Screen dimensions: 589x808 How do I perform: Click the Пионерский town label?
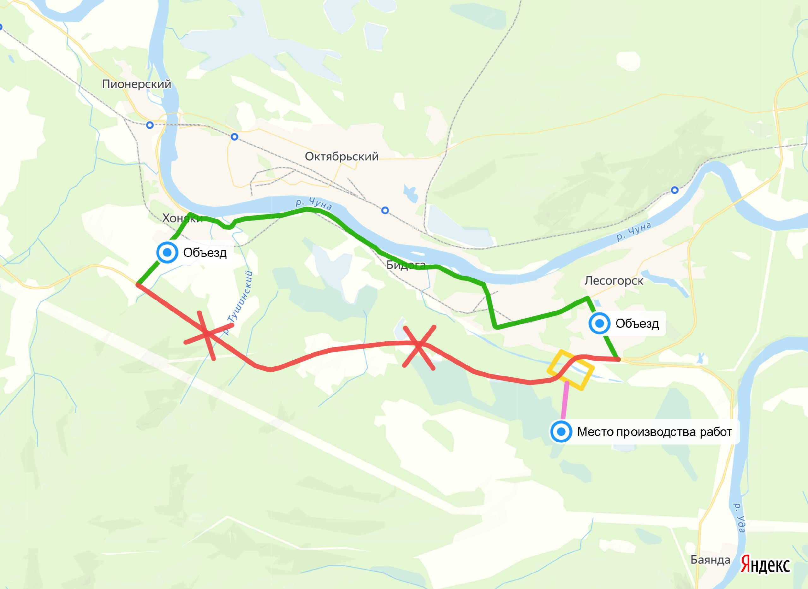pos(137,84)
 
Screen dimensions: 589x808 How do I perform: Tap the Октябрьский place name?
pos(342,156)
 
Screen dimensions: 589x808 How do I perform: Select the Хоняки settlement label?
pos(182,218)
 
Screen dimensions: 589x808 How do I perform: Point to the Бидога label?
pos(406,265)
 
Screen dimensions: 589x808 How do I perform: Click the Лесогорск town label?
pos(614,281)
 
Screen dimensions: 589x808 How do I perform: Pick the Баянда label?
pos(710,560)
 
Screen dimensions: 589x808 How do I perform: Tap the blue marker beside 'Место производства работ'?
pos(561,432)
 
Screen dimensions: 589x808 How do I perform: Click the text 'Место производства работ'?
pos(654,432)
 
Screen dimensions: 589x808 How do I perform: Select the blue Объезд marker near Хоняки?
pos(167,252)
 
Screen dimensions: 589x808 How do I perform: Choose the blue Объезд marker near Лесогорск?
pos(600,323)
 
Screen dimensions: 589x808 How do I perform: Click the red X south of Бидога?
pos(419,345)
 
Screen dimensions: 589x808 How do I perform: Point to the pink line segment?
pos(565,401)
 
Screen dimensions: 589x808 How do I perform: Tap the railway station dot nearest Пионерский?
pos(150,125)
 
